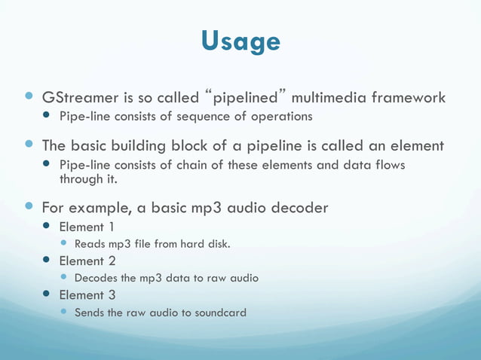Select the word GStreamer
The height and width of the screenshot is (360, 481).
click(79, 98)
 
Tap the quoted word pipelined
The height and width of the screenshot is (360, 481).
click(245, 98)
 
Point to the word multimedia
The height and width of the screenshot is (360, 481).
click(330, 98)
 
